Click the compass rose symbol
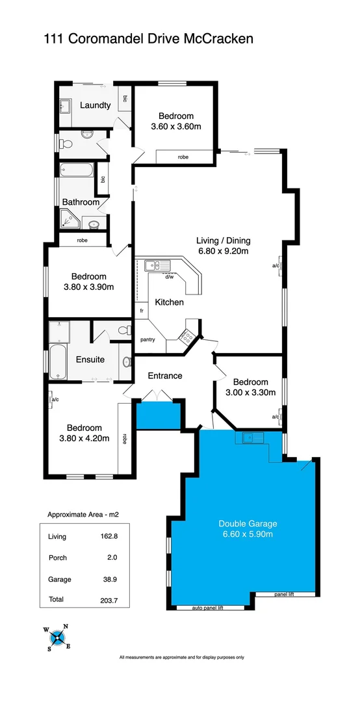(x=57, y=637)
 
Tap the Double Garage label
(x=248, y=523)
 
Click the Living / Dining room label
(x=223, y=240)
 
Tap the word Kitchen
(x=169, y=302)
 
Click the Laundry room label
(x=95, y=105)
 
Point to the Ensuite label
(x=90, y=359)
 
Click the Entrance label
(x=164, y=376)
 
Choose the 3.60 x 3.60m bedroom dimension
(x=176, y=127)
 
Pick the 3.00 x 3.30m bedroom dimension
(x=250, y=392)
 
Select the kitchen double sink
(x=157, y=265)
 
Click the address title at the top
(x=148, y=39)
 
